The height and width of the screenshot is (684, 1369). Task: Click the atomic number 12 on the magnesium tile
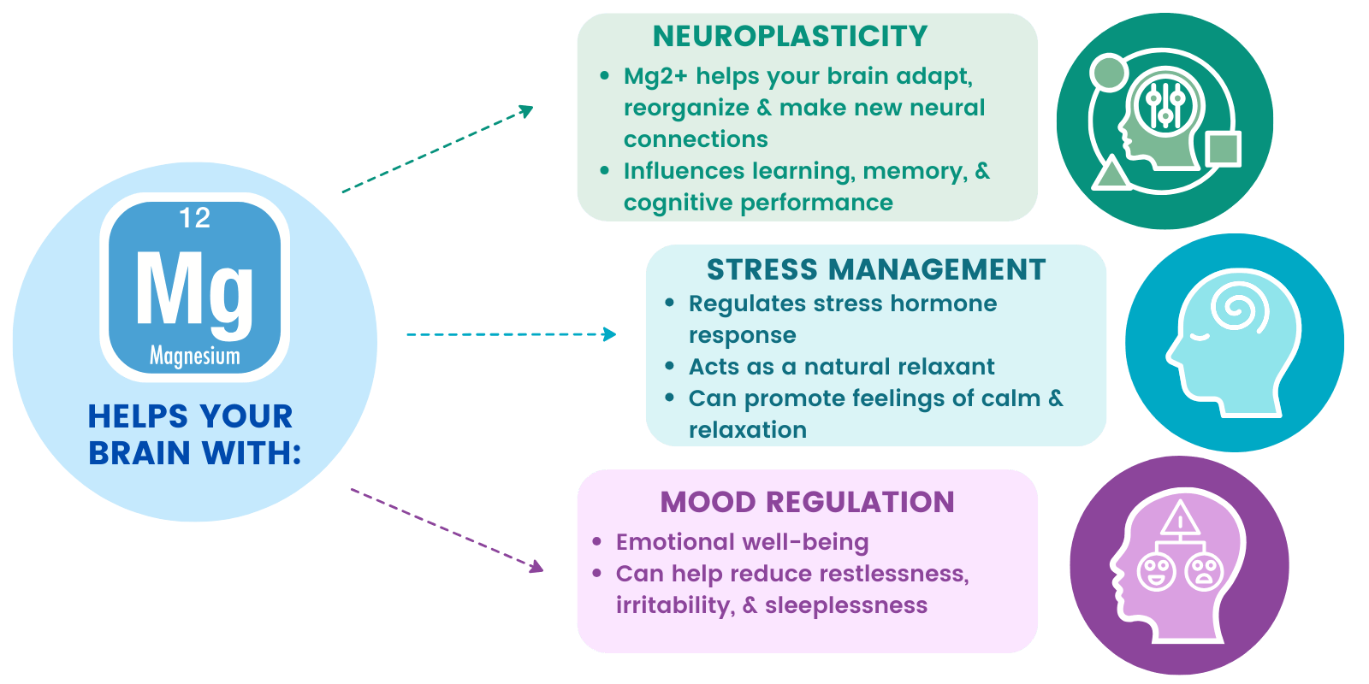click(x=194, y=218)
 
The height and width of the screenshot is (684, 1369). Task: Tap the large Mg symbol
click(x=194, y=294)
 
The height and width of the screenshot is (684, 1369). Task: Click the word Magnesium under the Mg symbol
click(x=195, y=356)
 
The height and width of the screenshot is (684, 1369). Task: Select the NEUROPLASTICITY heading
click(x=790, y=36)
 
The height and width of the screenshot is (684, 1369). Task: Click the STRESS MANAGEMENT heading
click(x=876, y=269)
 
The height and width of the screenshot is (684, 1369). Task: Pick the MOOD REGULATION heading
click(x=808, y=502)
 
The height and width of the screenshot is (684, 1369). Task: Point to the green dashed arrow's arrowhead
click(x=525, y=111)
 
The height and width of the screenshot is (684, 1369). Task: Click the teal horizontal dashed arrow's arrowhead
click(x=609, y=334)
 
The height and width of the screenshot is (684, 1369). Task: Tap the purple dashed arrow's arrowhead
click(x=536, y=566)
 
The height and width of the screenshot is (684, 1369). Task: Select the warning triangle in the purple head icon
click(x=1180, y=518)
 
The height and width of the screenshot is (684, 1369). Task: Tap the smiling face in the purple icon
click(x=1156, y=572)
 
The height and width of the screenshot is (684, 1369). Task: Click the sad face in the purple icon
click(x=1204, y=572)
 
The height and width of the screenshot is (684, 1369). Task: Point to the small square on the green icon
click(x=1223, y=149)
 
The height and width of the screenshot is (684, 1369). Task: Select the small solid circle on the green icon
click(x=1109, y=73)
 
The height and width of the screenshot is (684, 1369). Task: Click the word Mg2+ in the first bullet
click(x=655, y=76)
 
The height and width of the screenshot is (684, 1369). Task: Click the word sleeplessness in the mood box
click(x=846, y=605)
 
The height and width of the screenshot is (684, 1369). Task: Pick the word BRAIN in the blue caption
click(x=139, y=453)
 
